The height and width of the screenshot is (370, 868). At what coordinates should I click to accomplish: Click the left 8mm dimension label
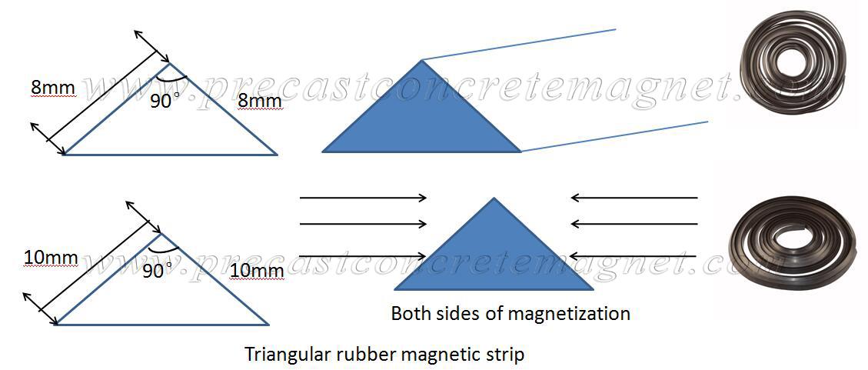[53, 87]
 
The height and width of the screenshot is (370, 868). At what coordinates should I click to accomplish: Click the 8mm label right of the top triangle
[260, 101]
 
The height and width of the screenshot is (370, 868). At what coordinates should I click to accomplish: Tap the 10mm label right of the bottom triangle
[257, 271]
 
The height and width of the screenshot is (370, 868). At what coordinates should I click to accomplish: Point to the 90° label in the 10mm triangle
[157, 271]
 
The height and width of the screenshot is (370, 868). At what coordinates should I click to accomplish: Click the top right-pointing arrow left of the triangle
[363, 198]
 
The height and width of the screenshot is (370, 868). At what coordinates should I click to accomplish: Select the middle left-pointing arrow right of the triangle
[634, 225]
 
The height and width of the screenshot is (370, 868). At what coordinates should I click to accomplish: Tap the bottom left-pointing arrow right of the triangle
[634, 256]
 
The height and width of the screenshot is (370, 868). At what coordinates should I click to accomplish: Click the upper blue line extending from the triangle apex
[519, 45]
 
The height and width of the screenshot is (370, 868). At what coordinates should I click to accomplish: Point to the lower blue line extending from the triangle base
[614, 136]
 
